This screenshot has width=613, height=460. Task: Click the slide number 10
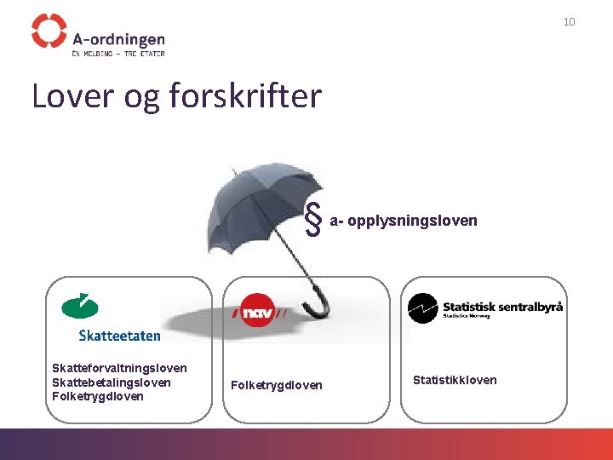[569, 21]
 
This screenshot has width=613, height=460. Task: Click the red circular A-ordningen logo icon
[49, 31]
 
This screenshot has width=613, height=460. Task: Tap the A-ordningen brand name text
[118, 38]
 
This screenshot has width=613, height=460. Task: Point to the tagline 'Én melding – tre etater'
[118, 53]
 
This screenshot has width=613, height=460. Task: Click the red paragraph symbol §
[313, 221]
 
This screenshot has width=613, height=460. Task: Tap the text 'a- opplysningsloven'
[404, 221]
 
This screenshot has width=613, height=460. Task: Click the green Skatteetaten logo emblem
[80, 305]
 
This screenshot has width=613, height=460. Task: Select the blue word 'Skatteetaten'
[119, 336]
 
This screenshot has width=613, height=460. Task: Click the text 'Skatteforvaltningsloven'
[119, 368]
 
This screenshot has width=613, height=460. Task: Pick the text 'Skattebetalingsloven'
[112, 382]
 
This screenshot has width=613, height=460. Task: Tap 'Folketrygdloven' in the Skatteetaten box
[98, 396]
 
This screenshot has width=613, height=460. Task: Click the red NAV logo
[260, 312]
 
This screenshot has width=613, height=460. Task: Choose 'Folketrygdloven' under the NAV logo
[277, 385]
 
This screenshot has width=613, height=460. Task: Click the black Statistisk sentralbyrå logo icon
[423, 308]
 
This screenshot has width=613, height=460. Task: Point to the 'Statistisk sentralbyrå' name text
[502, 305]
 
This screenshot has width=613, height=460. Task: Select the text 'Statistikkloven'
[455, 380]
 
